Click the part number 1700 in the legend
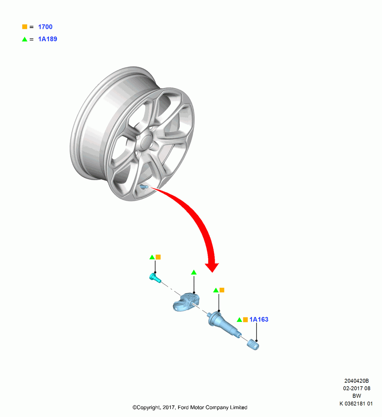point(45,27)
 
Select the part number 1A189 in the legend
point(48,39)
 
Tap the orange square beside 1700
point(25,27)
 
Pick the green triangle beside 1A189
point(25,39)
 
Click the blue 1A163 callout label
point(259,319)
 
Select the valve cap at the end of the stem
point(253,345)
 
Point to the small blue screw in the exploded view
point(155,278)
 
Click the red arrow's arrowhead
point(212,267)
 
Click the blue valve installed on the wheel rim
point(144,187)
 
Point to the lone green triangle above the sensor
point(194,272)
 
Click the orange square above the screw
point(158,257)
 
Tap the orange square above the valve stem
point(222,290)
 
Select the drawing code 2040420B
point(357,381)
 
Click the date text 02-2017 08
point(357,388)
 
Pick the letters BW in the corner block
point(357,396)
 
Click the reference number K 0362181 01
point(356,403)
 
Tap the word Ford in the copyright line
point(183,407)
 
